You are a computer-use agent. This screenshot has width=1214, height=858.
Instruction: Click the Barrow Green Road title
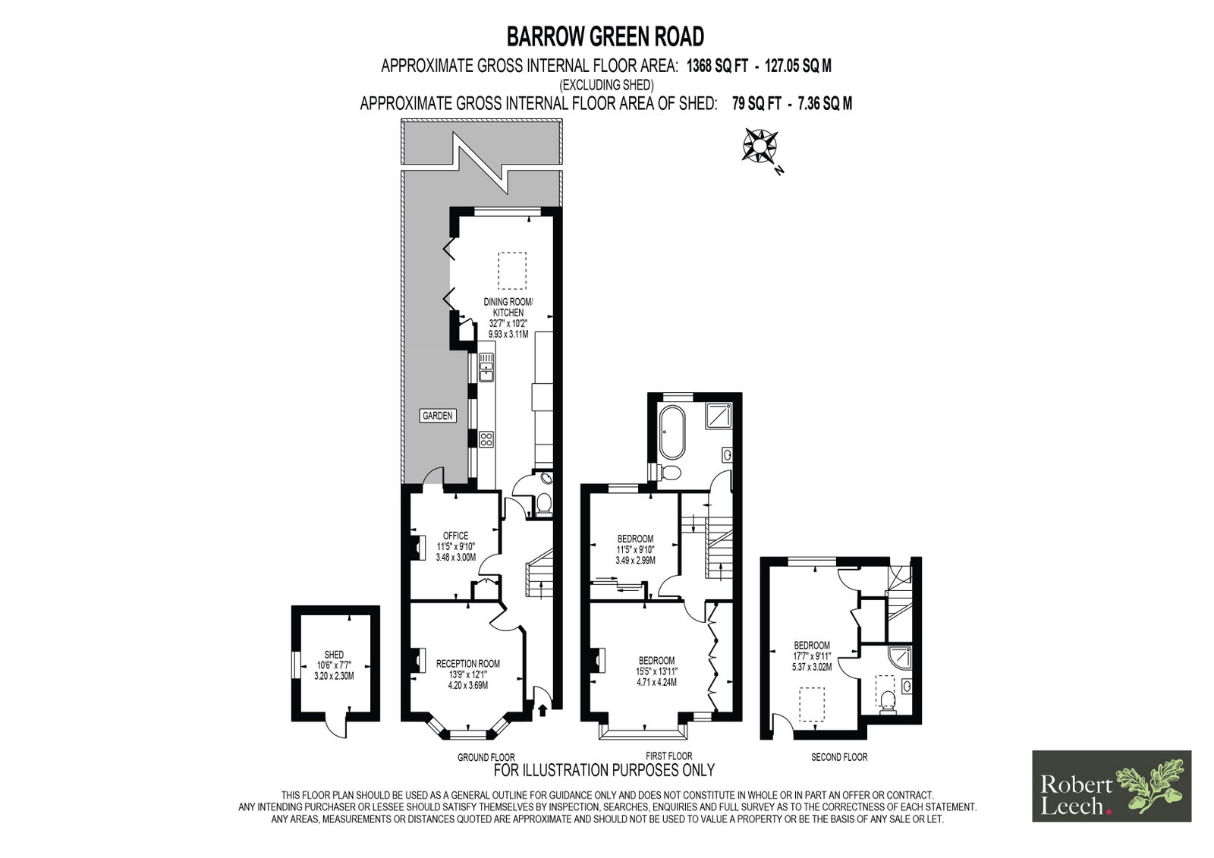605,37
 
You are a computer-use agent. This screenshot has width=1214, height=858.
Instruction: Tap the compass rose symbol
760,145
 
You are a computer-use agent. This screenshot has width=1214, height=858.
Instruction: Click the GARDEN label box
437,416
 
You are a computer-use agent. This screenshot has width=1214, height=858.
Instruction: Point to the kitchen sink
486,366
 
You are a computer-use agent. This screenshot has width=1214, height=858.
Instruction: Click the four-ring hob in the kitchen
486,439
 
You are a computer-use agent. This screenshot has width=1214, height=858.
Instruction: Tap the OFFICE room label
456,536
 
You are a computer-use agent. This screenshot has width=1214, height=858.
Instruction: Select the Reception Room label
467,664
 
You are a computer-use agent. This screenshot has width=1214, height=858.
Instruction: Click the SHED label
334,655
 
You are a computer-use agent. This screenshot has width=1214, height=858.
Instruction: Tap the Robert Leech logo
1112,786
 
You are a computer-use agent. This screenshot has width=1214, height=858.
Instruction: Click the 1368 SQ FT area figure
717,66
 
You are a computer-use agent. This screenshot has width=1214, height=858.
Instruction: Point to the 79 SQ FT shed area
756,103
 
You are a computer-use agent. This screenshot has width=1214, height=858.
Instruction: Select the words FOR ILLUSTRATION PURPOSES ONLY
604,770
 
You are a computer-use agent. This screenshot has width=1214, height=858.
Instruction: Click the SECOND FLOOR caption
839,757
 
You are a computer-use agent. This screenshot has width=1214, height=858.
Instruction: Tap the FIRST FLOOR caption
668,756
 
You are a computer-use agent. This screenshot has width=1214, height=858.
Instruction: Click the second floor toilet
888,702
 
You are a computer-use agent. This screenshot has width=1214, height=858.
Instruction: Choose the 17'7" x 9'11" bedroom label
811,656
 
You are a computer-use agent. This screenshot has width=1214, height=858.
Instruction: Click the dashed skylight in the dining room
512,271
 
